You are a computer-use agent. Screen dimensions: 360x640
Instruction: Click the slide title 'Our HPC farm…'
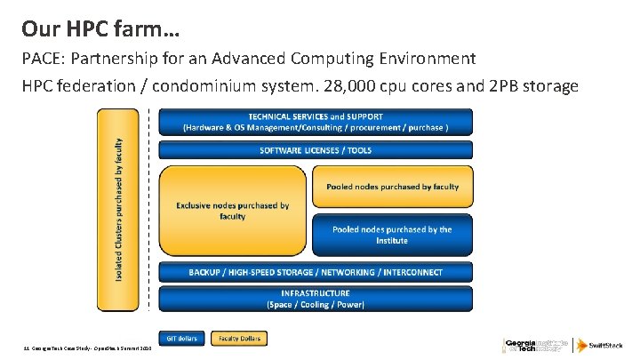pos(100,29)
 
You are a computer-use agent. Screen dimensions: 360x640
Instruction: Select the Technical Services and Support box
pos(316,122)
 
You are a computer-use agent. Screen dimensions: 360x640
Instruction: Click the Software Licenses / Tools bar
pos(316,150)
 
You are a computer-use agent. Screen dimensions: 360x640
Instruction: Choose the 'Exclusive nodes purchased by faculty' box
pos(232,211)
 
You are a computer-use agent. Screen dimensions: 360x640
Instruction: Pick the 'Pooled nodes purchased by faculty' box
pos(392,187)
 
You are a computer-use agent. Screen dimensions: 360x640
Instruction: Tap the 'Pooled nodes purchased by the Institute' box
pos(392,235)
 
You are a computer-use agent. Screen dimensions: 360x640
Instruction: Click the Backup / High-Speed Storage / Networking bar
pos(316,271)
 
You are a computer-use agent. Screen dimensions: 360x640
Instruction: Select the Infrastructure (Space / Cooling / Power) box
pos(316,299)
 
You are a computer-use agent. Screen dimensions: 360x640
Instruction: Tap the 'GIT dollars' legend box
pos(182,338)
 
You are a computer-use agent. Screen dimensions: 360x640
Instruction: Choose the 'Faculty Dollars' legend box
pos(238,338)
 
